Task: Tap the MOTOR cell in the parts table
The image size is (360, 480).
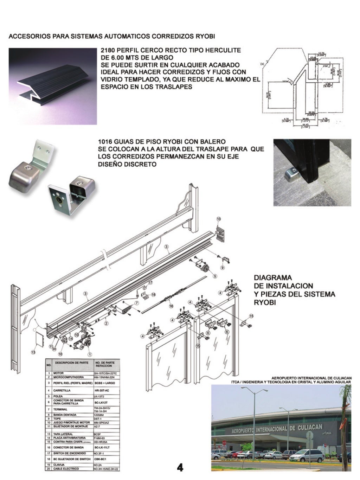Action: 58,373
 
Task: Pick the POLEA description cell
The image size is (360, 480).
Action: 58,396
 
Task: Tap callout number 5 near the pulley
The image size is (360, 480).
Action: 215,276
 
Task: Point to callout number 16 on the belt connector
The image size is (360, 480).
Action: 171,306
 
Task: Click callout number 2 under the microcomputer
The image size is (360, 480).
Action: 106,322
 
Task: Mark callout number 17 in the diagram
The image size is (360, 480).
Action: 150,282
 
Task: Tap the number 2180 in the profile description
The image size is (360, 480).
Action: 108,50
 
